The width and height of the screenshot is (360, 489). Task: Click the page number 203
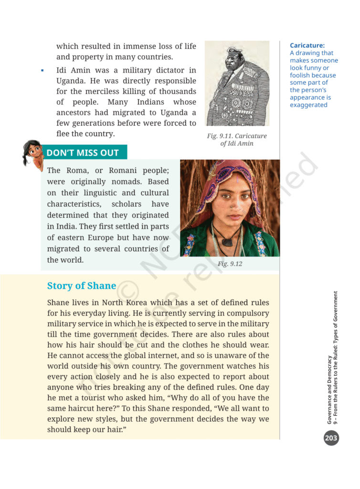pyautogui.click(x=331, y=437)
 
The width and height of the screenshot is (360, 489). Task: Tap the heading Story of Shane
pyautogui.click(x=82, y=286)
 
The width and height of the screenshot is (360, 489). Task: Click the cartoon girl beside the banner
pyautogui.click(x=32, y=153)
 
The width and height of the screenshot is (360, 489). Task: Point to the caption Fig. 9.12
pyautogui.click(x=230, y=264)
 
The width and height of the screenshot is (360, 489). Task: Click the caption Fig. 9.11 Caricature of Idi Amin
pyautogui.click(x=237, y=139)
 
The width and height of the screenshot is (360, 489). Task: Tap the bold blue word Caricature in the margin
pyautogui.click(x=307, y=45)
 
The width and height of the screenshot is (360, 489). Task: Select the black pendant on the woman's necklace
pyautogui.click(x=229, y=242)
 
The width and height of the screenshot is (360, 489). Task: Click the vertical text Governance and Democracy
pyautogui.click(x=329, y=389)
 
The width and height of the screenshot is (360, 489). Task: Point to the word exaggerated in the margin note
pyautogui.click(x=308, y=105)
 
